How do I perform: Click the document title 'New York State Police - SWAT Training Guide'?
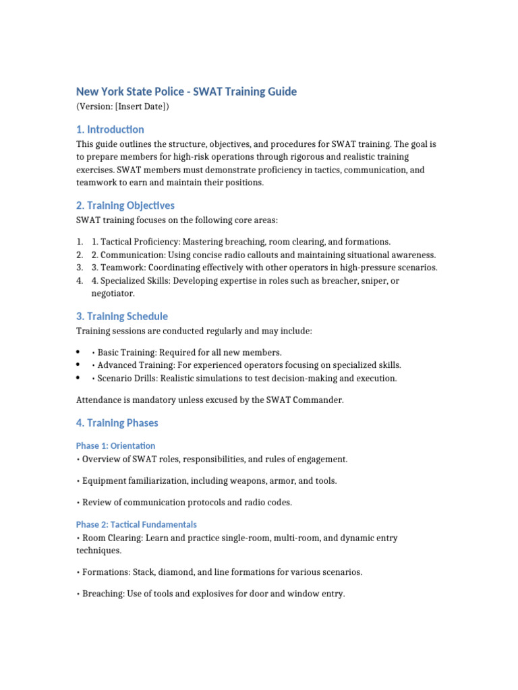coord(186,92)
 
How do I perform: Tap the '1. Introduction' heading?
coord(110,129)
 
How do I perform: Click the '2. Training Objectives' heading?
coord(125,206)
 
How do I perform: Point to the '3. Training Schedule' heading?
coord(122,316)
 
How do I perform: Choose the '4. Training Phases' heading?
coord(117,423)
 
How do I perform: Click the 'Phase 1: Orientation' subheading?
coord(115,445)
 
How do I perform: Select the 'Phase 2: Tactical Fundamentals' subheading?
coord(136,524)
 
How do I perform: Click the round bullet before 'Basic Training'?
coord(80,352)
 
